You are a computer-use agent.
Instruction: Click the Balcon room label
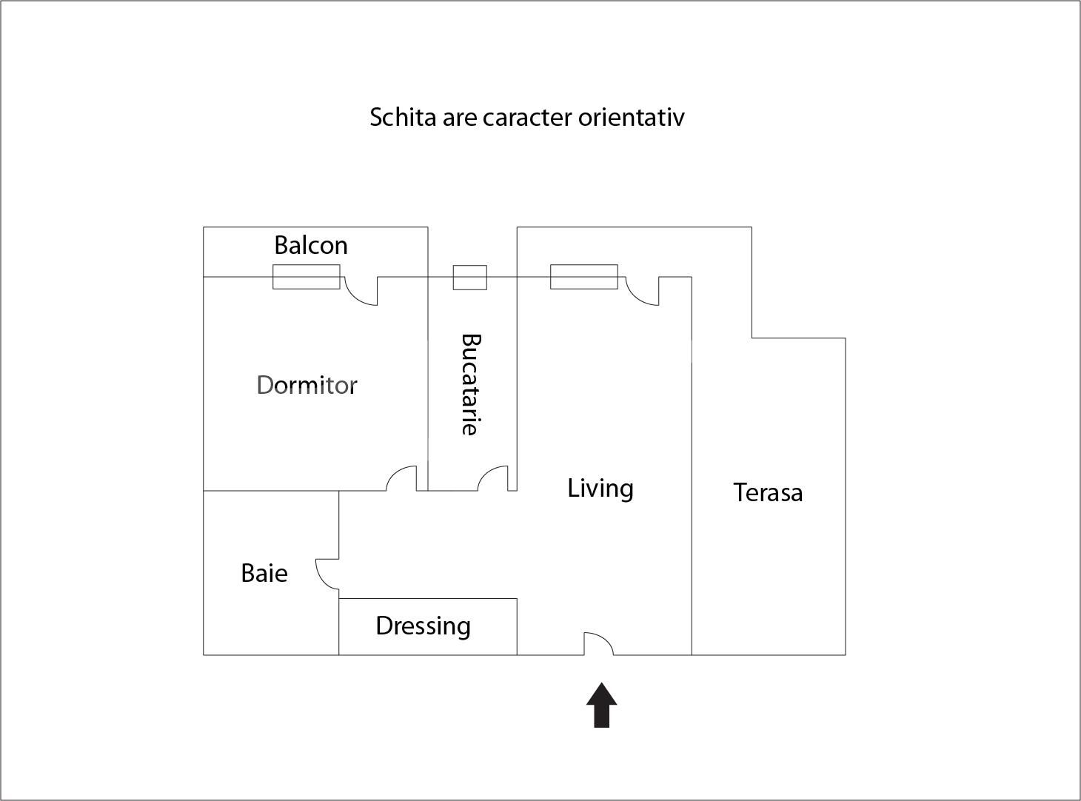(x=310, y=245)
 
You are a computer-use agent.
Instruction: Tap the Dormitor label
(x=307, y=385)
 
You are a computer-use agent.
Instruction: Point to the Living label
(x=600, y=489)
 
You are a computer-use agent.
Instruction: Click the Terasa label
(x=768, y=492)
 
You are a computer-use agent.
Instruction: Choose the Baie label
(x=264, y=573)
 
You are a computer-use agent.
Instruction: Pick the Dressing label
(x=423, y=626)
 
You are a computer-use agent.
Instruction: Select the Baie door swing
(x=327, y=574)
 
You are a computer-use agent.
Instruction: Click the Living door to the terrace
(x=642, y=291)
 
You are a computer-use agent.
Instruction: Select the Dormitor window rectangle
(x=306, y=277)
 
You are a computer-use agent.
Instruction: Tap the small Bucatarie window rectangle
(x=469, y=278)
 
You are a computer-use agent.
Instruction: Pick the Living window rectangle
(x=583, y=277)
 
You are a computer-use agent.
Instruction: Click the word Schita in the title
(x=403, y=117)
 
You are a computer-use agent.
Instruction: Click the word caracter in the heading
(x=527, y=117)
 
